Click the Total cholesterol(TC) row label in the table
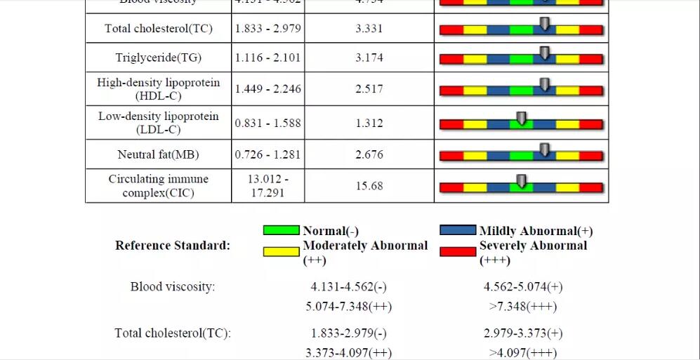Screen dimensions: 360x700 pos(158,29)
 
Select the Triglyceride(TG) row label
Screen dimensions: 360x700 pos(158,58)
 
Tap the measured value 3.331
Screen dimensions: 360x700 pos(369,29)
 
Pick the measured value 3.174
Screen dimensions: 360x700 pos(369,58)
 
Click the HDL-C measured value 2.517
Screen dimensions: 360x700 pos(369,89)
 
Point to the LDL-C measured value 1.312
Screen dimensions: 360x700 pos(369,124)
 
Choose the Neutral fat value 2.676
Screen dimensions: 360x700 pos(369,154)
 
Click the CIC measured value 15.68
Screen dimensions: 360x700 pos(369,186)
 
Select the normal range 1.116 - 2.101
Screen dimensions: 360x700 pos(268,58)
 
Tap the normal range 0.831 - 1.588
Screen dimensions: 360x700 pos(268,124)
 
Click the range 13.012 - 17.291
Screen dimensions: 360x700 pos(268,185)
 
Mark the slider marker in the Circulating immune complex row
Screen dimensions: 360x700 pos(521,181)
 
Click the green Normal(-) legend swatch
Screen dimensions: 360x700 pos(281,230)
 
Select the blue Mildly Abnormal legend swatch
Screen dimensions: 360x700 pos(458,230)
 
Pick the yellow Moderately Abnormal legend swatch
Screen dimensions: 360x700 pos(281,252)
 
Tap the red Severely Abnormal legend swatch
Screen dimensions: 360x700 pos(458,252)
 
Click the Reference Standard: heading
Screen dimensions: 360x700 pos(173,246)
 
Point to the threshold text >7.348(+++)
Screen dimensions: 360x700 pos(523,307)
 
